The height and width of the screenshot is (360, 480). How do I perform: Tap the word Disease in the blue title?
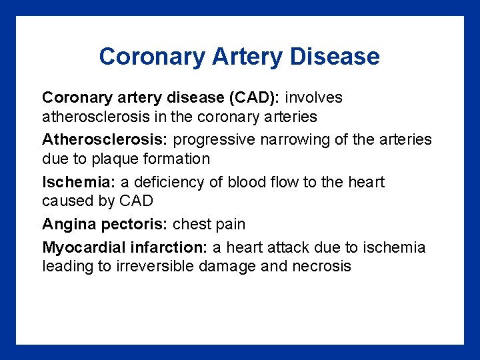coord(335,57)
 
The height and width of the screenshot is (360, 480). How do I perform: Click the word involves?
coord(314,97)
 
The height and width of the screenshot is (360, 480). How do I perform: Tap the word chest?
coord(192,225)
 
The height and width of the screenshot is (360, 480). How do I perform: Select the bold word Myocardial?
coord(83,247)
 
